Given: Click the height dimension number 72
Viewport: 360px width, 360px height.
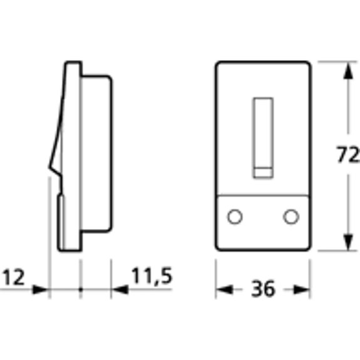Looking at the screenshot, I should click(347, 155).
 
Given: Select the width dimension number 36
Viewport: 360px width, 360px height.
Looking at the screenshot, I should click(262, 289).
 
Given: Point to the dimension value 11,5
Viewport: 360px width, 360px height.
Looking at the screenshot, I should click(152, 276).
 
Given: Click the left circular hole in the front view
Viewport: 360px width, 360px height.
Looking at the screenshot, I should click(235, 217).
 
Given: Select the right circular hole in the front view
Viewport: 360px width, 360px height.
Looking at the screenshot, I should click(290, 217).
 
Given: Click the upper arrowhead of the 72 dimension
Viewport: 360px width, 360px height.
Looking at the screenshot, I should click(346, 71).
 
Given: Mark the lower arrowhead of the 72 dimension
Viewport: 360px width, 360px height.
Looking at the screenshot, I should click(346, 241).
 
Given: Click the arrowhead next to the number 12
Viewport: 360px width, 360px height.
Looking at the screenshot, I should click(41, 289).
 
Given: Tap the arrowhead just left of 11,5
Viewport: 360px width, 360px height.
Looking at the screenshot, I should click(120, 289).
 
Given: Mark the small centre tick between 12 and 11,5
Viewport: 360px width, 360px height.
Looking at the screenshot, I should click(81, 289).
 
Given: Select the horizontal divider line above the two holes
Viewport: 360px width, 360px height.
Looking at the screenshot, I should click(263, 195).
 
